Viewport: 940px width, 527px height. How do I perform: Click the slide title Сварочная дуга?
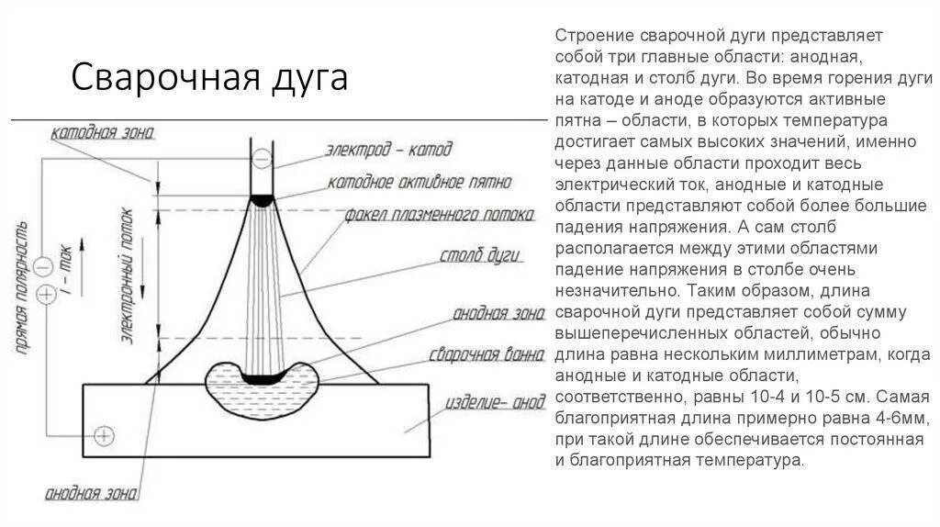point(209,78)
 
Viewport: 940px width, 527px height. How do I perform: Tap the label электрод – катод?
point(388,149)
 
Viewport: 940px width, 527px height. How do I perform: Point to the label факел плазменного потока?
point(439,215)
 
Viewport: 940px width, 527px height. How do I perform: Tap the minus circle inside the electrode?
point(262,160)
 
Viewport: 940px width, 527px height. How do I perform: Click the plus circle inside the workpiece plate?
point(106,434)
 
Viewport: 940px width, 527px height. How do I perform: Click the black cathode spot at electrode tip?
point(262,199)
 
